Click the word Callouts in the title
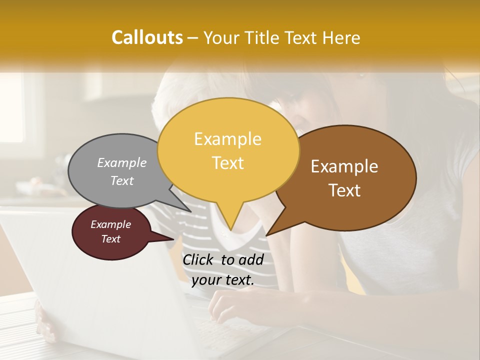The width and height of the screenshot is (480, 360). tap(147, 37)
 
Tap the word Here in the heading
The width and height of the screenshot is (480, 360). tap(341, 37)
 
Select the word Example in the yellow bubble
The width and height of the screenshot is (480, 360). tap(227, 139)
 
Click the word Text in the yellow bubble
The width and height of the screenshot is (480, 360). tap(227, 163)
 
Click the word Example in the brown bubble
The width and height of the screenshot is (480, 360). tap(344, 166)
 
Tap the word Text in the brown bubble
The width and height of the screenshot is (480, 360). tap(344, 190)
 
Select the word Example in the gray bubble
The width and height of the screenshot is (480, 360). tap(122, 162)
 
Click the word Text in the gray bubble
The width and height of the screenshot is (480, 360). tap(122, 180)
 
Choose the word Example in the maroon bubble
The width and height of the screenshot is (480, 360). tap(110, 224)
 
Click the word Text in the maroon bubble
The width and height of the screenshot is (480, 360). tap(110, 239)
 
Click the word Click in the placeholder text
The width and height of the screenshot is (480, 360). tap(199, 259)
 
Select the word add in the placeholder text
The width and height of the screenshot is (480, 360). tap(250, 259)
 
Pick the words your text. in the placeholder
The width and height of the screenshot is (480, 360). tap(223, 280)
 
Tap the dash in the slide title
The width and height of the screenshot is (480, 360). tap(193, 38)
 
